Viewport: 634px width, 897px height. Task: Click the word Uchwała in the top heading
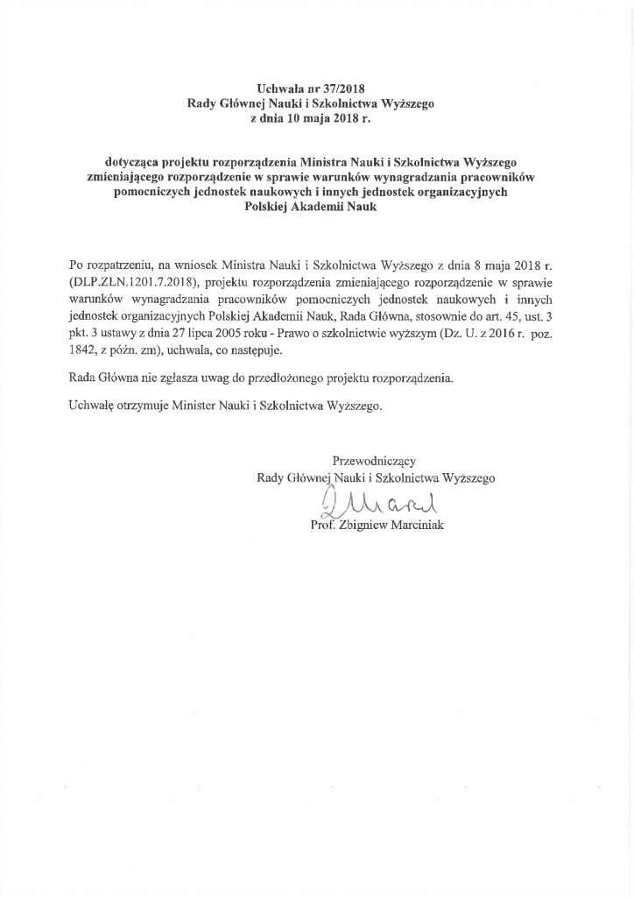(280, 88)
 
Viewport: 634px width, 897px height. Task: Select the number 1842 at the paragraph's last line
(82, 349)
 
